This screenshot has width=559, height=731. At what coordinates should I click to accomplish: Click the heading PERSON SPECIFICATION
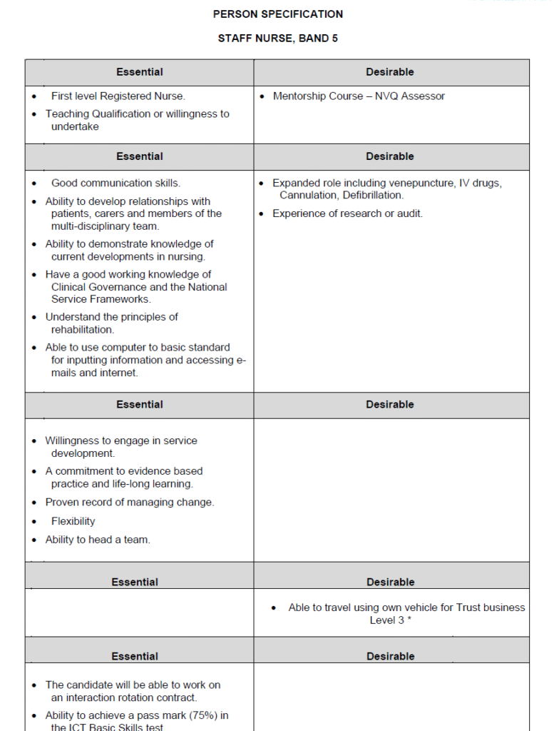(278, 14)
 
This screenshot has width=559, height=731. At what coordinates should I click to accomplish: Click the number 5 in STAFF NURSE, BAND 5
(335, 39)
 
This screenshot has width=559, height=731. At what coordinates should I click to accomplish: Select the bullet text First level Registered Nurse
(118, 96)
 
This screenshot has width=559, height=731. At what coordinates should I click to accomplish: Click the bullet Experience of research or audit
(347, 214)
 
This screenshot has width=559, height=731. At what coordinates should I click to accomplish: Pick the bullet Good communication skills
(116, 183)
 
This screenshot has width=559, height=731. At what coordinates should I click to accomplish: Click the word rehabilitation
(82, 330)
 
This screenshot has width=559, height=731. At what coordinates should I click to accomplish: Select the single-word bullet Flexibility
(73, 522)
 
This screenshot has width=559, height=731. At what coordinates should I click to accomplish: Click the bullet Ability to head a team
(98, 540)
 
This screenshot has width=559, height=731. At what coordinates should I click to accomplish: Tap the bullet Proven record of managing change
(129, 503)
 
